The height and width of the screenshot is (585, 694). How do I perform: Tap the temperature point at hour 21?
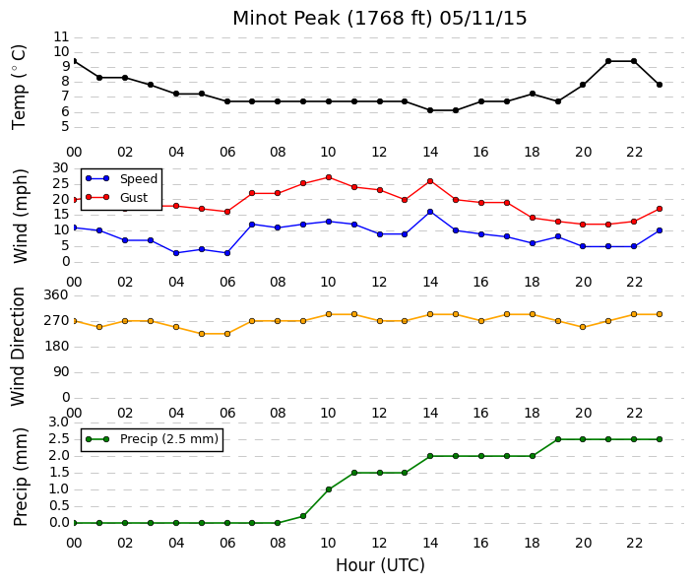pos(608,61)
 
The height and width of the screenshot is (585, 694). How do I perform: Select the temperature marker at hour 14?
pos(430,110)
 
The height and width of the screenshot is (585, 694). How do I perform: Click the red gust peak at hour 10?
pos(329,177)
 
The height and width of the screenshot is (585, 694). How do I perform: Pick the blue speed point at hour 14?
pos(430,212)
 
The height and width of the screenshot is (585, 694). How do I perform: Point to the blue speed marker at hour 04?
pos(176,253)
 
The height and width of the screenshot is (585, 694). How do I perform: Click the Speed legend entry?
pos(139,179)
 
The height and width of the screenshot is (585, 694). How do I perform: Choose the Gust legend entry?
pos(134,198)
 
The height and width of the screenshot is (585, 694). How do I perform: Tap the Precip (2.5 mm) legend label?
pos(169,439)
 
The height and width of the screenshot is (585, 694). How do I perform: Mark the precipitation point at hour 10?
pos(329,489)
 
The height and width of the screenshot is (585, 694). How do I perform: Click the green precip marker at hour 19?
pos(558,439)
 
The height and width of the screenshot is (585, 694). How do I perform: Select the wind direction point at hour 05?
pos(202,334)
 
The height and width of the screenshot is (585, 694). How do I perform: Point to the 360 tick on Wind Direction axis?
pos(56,295)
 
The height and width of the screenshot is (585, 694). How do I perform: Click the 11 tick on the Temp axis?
pos(61,36)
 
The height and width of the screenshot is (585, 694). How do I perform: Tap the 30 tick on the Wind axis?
pos(61,167)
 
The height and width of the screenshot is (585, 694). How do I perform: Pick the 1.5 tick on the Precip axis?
pos(59,473)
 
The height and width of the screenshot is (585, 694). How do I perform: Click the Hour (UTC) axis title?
pos(380,565)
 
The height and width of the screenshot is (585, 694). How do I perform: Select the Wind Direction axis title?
pos(18,347)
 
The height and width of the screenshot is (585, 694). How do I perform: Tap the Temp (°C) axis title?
pos(19,88)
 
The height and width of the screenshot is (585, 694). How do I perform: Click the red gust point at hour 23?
pos(660,209)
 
